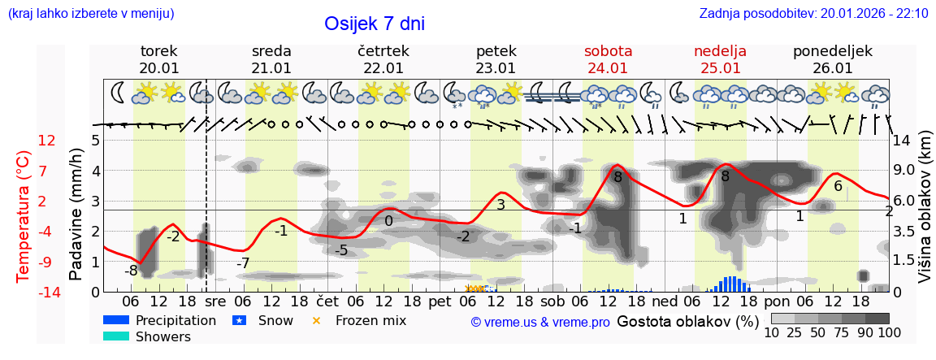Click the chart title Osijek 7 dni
pos(374,24)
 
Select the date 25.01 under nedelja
pos(720,68)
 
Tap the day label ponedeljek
pos(832,51)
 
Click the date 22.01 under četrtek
pos(383,68)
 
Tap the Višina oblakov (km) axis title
pos(925,216)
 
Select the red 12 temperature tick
pos(46,141)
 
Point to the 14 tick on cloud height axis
pos(901,141)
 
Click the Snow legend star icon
pos(239,320)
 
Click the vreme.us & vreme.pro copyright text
pos(540,322)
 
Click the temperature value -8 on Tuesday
pos(131,271)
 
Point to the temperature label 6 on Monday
pos(838,186)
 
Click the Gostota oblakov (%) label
pos(687,321)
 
